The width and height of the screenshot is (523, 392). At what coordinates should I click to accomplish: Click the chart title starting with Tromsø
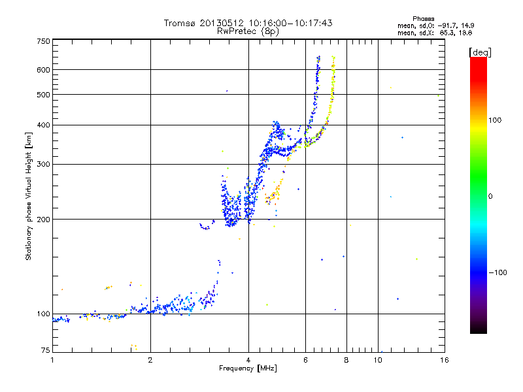pos(248,23)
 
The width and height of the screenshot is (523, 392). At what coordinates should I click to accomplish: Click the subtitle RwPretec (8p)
pos(248,31)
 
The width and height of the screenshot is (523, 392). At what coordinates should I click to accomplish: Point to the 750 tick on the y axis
pos(44,41)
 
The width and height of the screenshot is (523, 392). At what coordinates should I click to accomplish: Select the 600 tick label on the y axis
pos(44,69)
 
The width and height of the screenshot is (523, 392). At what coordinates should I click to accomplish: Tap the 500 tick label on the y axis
pos(44,94)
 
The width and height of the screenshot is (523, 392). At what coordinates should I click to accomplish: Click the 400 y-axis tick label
pos(44,125)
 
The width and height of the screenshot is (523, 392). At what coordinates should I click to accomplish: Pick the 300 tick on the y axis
pos(44,164)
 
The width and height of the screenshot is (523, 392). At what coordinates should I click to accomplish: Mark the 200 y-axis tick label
pos(44,219)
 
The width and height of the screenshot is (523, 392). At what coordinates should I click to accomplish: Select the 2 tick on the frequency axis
pos(150,360)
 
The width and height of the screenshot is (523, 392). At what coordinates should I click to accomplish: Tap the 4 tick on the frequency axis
pos(248,360)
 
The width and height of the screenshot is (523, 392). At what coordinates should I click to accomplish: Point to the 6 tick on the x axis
pos(305,360)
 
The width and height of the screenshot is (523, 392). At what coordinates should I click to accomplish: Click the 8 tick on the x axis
pos(346,360)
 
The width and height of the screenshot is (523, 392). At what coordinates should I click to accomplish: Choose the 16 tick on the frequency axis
pos(444,360)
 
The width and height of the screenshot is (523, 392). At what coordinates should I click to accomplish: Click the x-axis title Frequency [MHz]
pos(248,368)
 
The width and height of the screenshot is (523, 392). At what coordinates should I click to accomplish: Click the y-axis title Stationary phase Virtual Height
pos(29,196)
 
